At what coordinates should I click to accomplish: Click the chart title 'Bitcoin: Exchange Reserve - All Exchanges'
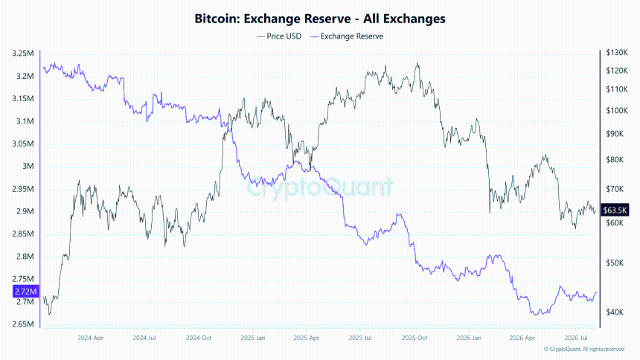(319, 19)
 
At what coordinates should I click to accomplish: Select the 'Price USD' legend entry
(279, 36)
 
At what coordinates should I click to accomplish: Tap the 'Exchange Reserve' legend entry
(347, 36)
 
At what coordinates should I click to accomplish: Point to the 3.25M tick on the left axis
(23, 54)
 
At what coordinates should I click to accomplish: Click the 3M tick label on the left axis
(28, 166)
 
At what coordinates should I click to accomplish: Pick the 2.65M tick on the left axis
(23, 324)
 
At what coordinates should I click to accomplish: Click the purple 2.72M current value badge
(26, 292)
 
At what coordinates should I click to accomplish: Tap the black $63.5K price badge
(615, 210)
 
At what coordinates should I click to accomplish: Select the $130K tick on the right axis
(617, 53)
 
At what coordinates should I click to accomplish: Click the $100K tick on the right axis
(617, 111)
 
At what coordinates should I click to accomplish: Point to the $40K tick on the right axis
(615, 312)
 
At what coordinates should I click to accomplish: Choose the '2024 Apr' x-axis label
(90, 338)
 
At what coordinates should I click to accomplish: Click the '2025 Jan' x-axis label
(253, 338)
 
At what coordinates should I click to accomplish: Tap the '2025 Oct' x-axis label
(415, 338)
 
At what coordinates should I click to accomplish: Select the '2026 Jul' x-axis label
(575, 338)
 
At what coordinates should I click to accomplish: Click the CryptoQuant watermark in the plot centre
(319, 187)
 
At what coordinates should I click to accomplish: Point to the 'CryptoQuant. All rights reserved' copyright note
(584, 350)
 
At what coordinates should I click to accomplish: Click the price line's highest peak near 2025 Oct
(417, 63)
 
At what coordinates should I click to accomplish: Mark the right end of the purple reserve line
(596, 292)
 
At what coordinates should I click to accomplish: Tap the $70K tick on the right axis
(615, 189)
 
